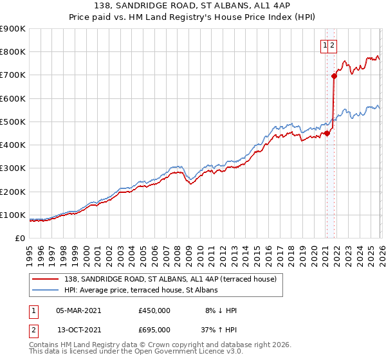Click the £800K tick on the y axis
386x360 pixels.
click(x=13, y=52)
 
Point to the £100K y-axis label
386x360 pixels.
click(x=13, y=215)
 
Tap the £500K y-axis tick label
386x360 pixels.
click(x=13, y=122)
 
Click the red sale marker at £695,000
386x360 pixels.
click(x=334, y=76)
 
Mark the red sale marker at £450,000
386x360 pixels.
click(x=327, y=133)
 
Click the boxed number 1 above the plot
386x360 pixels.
click(x=326, y=45)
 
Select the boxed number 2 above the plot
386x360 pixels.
click(x=333, y=45)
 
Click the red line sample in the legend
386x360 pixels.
click(x=46, y=279)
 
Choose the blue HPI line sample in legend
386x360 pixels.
click(x=46, y=290)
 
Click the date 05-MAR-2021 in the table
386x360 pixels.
click(x=78, y=310)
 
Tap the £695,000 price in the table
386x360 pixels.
click(x=154, y=330)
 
